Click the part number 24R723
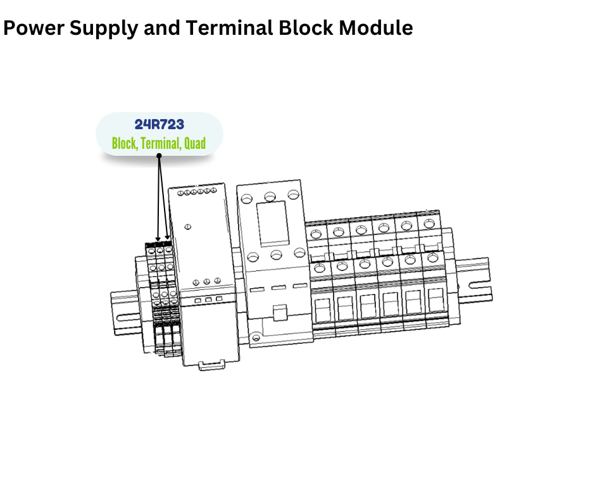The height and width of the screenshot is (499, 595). coord(159,125)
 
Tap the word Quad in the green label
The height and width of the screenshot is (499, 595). coord(194,144)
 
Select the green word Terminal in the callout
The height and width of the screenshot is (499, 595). coord(160,144)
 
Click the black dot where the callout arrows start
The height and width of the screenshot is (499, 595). coord(159,155)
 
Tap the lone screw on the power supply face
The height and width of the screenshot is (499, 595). coord(188,226)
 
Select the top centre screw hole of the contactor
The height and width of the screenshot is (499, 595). coord(270,197)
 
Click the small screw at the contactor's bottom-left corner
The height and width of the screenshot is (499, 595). coord(255,338)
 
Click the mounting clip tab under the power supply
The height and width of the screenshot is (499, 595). coord(212,366)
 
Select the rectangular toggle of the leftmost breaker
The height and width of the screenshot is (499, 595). coord(321,308)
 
